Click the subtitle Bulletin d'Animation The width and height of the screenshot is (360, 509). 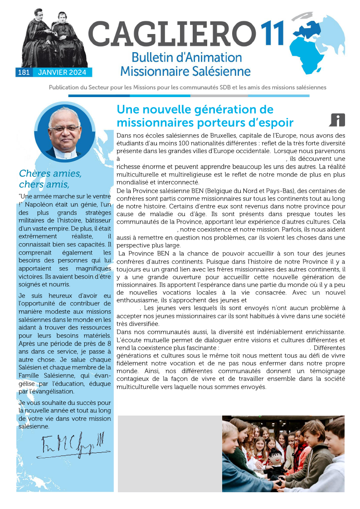click(186, 58)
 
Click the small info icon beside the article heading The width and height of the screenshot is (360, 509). click(337, 120)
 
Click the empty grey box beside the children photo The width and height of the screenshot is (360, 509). click(169, 453)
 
